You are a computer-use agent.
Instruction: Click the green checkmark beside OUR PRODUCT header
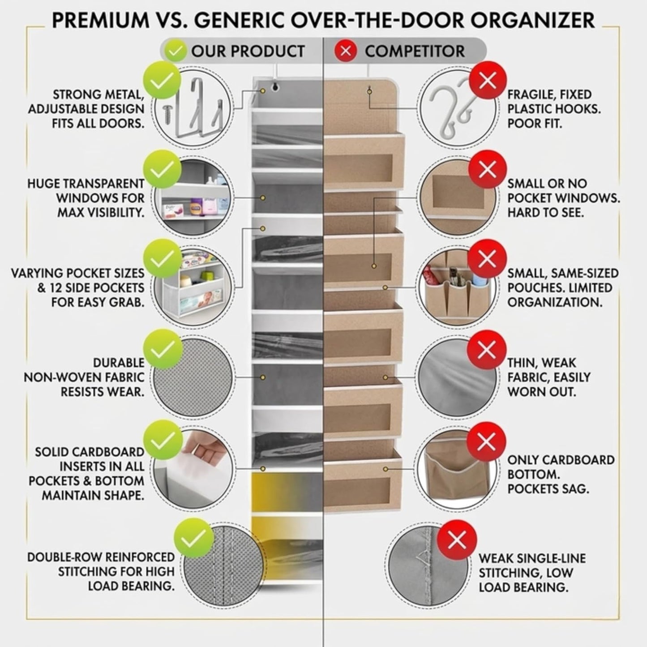[x=175, y=51]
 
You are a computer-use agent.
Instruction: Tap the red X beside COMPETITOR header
[x=345, y=51]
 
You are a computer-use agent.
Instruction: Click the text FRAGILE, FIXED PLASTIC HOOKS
[x=553, y=109]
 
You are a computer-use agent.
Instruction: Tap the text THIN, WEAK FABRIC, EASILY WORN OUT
[x=548, y=377]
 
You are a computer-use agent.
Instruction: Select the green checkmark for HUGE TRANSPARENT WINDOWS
[x=162, y=169]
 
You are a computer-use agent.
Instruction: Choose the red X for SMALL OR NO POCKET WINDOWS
[x=487, y=169]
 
